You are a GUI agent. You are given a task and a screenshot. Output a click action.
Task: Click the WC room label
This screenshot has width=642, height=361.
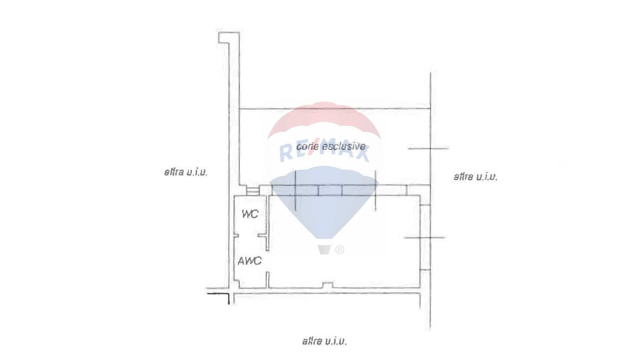pyautogui.click(x=250, y=214)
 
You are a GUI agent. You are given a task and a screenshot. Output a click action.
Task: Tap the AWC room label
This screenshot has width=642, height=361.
pyautogui.click(x=250, y=261)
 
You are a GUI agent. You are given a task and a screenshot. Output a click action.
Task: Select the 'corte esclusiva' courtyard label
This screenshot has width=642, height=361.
pyautogui.click(x=330, y=146)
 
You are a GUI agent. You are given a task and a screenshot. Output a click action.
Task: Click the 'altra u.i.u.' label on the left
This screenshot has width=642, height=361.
pyautogui.click(x=186, y=172)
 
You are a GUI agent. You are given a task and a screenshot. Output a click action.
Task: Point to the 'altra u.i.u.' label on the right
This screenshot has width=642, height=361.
pyautogui.click(x=476, y=177)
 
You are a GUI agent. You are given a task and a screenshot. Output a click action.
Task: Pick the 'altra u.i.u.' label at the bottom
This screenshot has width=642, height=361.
pyautogui.click(x=325, y=341)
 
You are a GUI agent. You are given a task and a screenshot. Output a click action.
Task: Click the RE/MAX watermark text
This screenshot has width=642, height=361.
pyautogui.click(x=324, y=152)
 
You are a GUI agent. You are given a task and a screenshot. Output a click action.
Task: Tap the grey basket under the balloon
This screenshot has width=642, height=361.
pyautogui.click(x=324, y=250)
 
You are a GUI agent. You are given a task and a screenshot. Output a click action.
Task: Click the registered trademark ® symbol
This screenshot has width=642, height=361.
pyautogui.click(x=340, y=250)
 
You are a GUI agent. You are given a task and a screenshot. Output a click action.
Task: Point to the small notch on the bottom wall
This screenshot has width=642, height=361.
pyautogui.click(x=328, y=285)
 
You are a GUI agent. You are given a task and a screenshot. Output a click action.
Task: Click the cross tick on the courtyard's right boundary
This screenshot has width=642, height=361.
pyautogui.click(x=430, y=149)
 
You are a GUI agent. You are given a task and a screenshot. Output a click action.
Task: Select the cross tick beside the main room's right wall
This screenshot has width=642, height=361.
pyautogui.click(x=425, y=237)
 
